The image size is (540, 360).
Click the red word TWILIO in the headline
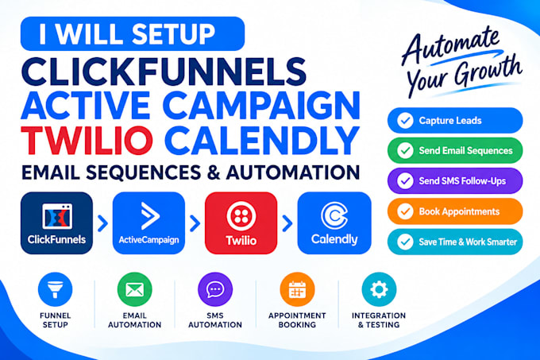coord(87,141)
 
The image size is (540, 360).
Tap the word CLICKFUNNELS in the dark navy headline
coord(164,72)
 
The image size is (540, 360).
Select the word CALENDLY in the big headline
coord(262,141)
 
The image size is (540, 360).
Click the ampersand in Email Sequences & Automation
coord(214,172)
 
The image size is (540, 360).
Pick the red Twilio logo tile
coord(241,223)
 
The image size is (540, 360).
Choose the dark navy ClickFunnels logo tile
coord(56,223)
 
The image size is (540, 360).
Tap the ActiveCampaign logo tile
coord(148,223)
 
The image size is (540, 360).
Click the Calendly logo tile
coord(334,223)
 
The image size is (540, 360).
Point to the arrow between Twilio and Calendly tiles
coord(287,223)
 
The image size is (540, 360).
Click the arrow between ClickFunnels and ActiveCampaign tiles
coord(102,223)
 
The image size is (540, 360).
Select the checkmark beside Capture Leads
coord(405,121)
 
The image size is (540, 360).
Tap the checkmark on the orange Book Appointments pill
coord(405,211)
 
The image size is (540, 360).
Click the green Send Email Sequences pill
coord(455,150)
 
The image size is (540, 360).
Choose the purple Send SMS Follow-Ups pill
coord(455,181)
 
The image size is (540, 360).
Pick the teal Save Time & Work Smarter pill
coord(455,242)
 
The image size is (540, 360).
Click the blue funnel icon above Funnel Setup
coord(55,289)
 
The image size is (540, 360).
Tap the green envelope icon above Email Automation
coord(135,289)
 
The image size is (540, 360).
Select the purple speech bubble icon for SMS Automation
coord(215,289)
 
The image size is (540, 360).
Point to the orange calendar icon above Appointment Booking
coord(297,289)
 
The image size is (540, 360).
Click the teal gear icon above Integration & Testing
coord(379,289)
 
